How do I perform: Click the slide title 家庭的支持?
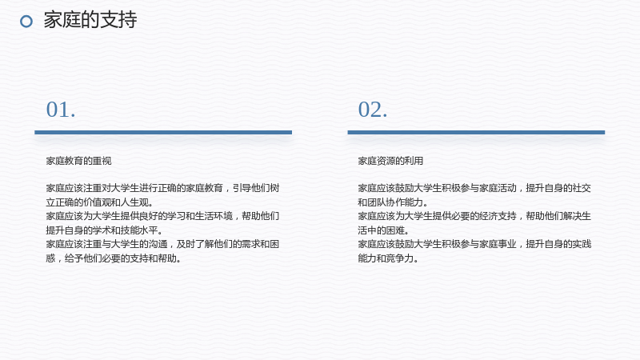(90, 19)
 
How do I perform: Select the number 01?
(61, 110)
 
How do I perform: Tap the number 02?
(373, 110)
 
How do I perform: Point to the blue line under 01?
(163, 132)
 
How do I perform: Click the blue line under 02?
(476, 132)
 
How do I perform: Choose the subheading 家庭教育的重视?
(78, 161)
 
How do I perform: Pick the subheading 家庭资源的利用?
(390, 161)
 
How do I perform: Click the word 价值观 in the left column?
(97, 202)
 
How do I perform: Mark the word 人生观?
(134, 202)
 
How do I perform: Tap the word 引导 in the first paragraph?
(242, 188)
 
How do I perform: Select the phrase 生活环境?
(214, 216)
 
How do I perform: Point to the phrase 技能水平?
(139, 230)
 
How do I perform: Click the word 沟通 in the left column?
(158, 244)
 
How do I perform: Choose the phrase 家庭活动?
(498, 188)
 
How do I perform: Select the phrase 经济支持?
(498, 216)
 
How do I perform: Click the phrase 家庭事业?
(498, 244)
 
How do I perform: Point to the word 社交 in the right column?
(582, 188)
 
